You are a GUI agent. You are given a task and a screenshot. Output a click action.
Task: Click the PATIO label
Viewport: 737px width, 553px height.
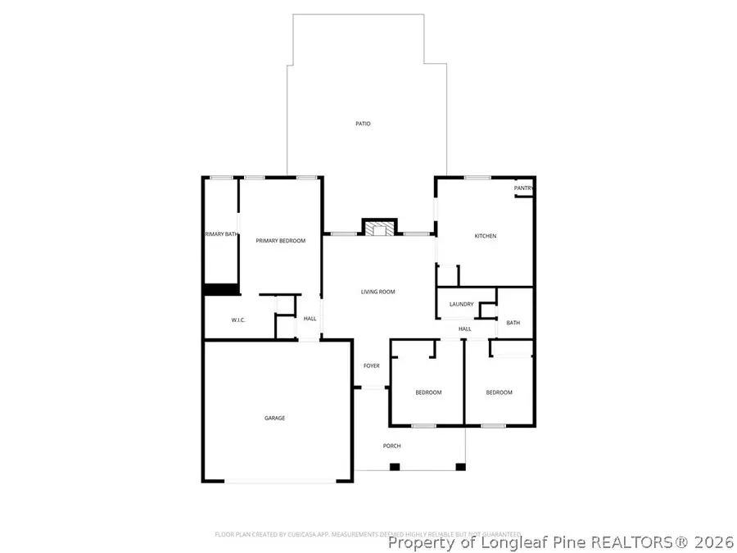pyautogui.click(x=363, y=124)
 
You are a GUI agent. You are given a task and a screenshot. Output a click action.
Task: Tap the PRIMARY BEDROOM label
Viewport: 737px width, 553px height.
pyautogui.click(x=280, y=241)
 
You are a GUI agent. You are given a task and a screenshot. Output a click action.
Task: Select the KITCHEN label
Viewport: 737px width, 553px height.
pyautogui.click(x=486, y=236)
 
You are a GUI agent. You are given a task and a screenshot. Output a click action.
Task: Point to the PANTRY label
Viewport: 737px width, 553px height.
pyautogui.click(x=524, y=188)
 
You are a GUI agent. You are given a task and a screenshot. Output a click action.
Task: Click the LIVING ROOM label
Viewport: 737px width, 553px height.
pyautogui.click(x=378, y=292)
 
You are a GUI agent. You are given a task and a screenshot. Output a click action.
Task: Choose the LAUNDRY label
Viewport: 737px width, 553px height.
pyautogui.click(x=461, y=305)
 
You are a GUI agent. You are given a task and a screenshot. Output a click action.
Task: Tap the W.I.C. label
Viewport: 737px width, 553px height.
pyautogui.click(x=239, y=320)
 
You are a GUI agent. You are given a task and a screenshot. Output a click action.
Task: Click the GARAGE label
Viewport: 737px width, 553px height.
pyautogui.click(x=274, y=418)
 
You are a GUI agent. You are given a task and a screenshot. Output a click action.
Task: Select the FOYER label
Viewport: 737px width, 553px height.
pyautogui.click(x=372, y=365)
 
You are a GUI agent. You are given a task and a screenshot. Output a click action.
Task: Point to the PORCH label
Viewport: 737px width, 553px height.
pyautogui.click(x=392, y=446)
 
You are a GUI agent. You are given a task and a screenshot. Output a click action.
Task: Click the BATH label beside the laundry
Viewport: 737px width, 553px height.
pyautogui.click(x=513, y=323)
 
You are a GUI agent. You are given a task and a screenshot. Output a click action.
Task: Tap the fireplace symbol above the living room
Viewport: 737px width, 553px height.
pyautogui.click(x=379, y=229)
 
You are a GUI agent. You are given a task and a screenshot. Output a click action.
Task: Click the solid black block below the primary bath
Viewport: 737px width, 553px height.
pyautogui.click(x=220, y=289)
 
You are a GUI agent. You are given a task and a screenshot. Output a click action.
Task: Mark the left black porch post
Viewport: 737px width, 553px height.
pyautogui.click(x=394, y=467)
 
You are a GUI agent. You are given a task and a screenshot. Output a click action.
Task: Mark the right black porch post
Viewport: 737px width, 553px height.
pyautogui.click(x=460, y=467)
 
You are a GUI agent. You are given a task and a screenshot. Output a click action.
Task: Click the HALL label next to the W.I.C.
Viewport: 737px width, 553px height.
pyautogui.click(x=310, y=319)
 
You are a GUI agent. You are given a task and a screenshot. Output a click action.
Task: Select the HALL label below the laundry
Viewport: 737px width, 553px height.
pyautogui.click(x=465, y=329)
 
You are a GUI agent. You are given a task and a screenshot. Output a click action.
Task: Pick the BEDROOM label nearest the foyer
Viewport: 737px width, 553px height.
pyautogui.click(x=428, y=392)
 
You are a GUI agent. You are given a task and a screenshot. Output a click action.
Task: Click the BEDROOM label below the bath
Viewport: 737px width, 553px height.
pyautogui.click(x=499, y=392)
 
